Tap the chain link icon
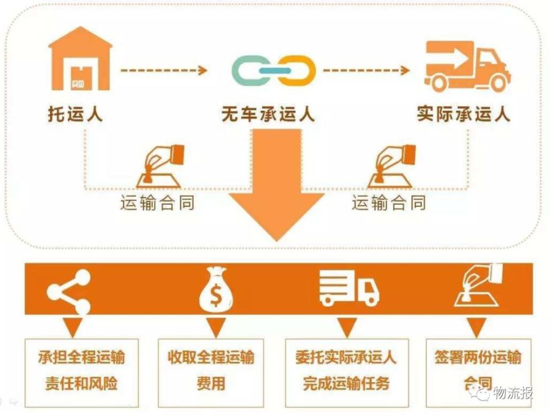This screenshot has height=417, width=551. tap(273, 71)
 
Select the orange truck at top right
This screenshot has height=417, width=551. tap(467, 66)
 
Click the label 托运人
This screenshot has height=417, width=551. tap(75, 114)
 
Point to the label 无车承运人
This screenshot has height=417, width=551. tap(268, 114)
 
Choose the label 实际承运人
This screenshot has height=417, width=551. tap(463, 114)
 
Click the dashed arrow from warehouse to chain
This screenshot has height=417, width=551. tap(164, 71)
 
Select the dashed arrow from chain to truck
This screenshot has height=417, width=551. tap(366, 71)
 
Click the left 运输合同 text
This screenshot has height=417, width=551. tap(158, 203)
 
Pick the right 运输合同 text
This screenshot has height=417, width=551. tap(389, 203)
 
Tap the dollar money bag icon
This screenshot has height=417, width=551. tap(216, 289)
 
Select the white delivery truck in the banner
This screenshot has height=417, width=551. tap(349, 288)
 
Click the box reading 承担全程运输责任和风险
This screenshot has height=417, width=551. tap(82, 372)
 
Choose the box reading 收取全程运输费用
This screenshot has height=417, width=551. tap(211, 372)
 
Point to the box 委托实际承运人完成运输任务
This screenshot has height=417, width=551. tap(347, 372)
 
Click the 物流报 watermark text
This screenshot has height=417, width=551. tap(513, 393)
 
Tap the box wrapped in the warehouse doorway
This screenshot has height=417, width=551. tap(80, 78)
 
